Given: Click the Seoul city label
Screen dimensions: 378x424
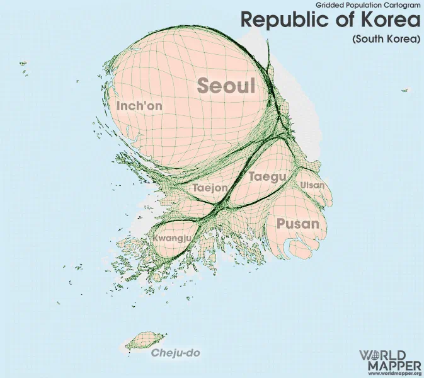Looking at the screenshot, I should [x=227, y=86].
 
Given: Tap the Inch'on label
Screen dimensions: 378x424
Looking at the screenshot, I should [x=139, y=106].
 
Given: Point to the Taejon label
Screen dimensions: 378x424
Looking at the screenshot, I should [x=210, y=188].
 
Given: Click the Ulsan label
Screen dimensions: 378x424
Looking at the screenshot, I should [x=312, y=185].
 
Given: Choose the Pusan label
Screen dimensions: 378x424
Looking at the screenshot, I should [x=298, y=224].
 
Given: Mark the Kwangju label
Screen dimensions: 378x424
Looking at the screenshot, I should [x=172, y=239].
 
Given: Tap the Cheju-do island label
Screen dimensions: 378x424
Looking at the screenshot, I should [x=176, y=353].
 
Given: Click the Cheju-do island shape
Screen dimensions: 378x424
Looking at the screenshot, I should [x=145, y=342].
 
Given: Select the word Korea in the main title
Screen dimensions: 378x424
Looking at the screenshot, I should [x=391, y=20].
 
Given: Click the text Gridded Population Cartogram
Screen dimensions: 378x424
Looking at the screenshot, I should [x=364, y=4].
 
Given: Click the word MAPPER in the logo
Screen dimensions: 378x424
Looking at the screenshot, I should [x=390, y=365].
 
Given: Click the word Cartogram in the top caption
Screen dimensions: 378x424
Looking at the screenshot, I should [x=403, y=4].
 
